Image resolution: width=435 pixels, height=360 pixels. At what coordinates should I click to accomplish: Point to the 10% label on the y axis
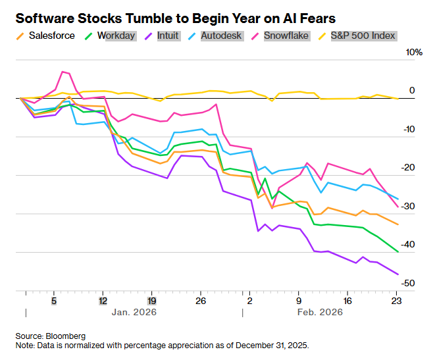coord(413,52)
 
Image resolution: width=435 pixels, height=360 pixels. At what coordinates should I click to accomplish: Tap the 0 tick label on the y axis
coord(413,90)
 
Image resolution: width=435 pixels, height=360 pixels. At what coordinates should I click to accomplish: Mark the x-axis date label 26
coord(201,299)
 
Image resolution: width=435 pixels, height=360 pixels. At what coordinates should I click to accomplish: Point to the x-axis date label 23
coord(396,299)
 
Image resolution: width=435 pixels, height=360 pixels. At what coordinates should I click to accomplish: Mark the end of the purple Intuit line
coord(397,274)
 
